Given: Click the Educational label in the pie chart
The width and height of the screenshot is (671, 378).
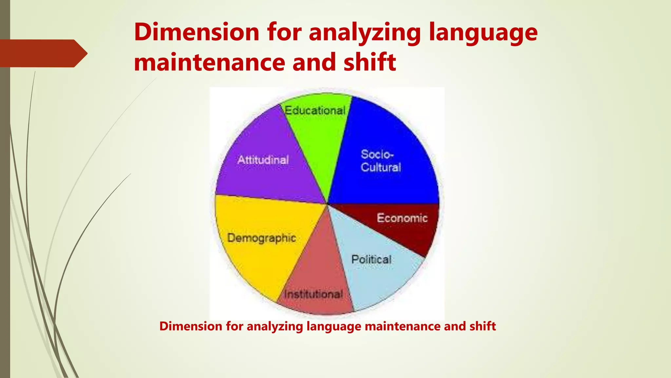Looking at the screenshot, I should click(x=315, y=111).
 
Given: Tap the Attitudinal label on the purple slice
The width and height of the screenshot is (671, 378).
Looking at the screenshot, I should click(x=263, y=160).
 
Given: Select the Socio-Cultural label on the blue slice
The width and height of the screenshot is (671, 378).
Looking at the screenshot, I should click(x=381, y=161).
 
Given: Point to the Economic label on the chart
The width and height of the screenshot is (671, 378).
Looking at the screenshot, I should click(x=402, y=218).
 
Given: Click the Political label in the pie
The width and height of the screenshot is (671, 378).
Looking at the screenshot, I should click(x=371, y=260).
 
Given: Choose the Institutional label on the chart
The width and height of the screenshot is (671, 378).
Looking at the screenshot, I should click(x=314, y=294).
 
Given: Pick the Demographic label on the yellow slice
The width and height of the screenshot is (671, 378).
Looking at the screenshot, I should click(x=261, y=238).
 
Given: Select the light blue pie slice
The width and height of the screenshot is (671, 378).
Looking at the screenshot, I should click(x=377, y=279).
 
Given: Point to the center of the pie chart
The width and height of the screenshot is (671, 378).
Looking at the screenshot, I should click(x=327, y=203).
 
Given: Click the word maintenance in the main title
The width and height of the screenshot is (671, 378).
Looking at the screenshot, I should click(x=210, y=63).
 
